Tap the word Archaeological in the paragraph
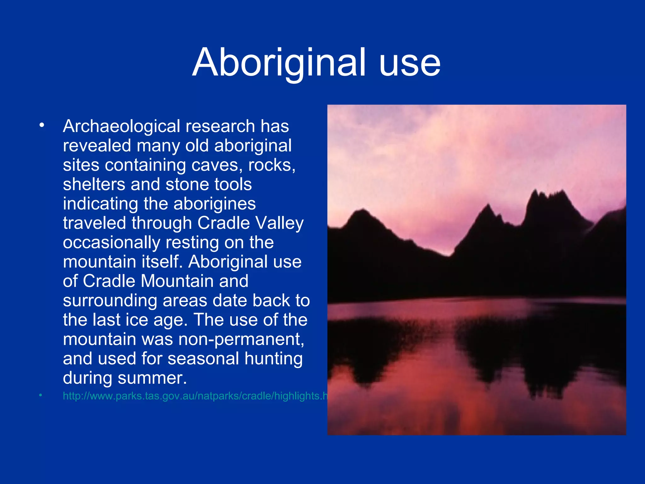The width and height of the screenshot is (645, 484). click(122, 127)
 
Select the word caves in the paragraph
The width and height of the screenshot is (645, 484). click(217, 165)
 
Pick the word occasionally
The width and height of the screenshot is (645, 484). click(111, 243)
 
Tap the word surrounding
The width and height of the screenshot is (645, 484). click(110, 301)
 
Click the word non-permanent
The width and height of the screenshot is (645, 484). click(241, 339)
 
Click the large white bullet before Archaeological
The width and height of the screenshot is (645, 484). click(42, 125)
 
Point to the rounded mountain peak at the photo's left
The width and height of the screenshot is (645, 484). click(363, 210)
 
